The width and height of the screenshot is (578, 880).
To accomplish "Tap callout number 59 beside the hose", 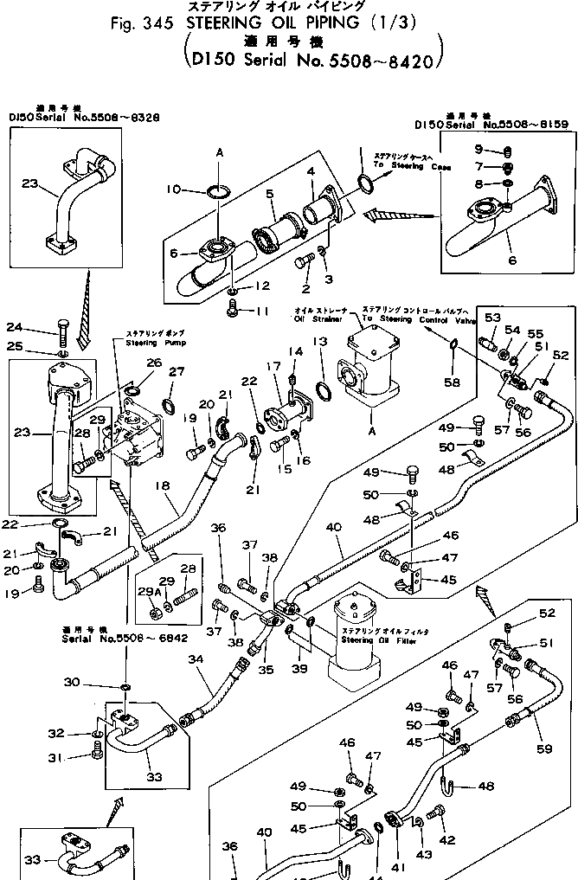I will pos(543,748).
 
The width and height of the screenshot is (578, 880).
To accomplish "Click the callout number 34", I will pos(196,660).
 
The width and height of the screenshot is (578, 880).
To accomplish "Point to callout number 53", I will pos(493,318).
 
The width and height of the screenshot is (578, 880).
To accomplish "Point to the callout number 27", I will pos(177,371).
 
